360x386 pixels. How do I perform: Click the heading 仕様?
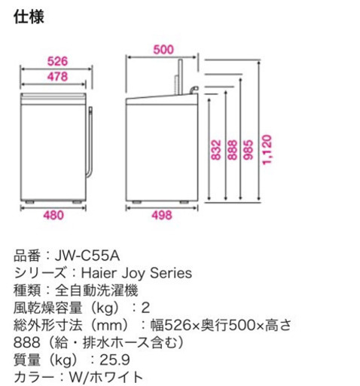[29, 17]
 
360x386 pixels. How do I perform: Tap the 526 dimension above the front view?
[57, 61]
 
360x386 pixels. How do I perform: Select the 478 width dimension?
[57, 76]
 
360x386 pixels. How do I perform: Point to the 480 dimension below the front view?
[53, 216]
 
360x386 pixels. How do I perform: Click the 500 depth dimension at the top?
[163, 50]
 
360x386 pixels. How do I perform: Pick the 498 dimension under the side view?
[162, 216]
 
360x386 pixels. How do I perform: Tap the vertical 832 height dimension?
[216, 150]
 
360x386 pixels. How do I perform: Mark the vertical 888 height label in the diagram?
[233, 150]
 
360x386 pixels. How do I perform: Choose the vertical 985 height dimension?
[249, 150]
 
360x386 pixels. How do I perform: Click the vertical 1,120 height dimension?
[267, 150]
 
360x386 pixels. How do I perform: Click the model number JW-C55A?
[87, 256]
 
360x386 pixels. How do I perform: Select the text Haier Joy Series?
[136, 273]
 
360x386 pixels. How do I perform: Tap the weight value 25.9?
[114, 360]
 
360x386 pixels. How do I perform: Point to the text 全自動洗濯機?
[96, 290]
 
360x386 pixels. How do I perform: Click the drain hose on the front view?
[90, 142]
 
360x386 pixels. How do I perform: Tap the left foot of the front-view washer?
[29, 202]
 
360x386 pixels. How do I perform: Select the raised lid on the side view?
[178, 77]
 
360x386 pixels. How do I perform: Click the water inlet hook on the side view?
[194, 90]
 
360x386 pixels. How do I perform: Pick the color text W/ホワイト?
[106, 377]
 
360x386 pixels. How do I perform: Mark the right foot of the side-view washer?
[184, 202]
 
